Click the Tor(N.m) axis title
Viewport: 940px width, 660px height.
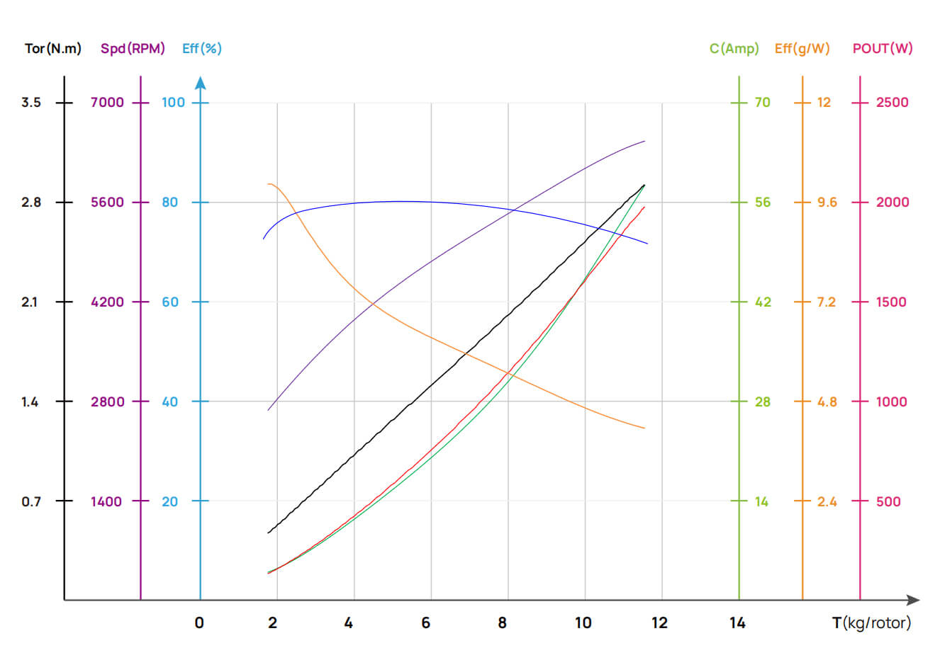[x=53, y=49]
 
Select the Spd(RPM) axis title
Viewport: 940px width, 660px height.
[x=133, y=49]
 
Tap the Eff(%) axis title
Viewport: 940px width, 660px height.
[x=202, y=49]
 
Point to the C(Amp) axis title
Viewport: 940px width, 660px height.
[x=734, y=49]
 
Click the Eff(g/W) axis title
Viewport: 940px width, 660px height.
[x=802, y=49]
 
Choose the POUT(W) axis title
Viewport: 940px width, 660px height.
[x=883, y=49]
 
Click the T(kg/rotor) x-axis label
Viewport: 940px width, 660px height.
[x=871, y=623]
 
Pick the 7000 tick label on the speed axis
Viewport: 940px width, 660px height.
[x=107, y=103]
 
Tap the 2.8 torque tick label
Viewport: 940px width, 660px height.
[x=31, y=203]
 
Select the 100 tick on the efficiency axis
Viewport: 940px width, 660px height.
[x=173, y=103]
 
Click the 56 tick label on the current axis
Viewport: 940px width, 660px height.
[x=762, y=203]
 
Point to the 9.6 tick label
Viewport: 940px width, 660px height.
[x=827, y=203]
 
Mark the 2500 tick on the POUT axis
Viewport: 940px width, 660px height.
[x=892, y=103]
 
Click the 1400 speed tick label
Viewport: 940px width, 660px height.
[x=106, y=502]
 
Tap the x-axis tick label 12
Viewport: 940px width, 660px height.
[x=659, y=623]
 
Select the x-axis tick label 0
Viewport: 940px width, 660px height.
[x=199, y=623]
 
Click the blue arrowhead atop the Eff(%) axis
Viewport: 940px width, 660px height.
[x=201, y=83]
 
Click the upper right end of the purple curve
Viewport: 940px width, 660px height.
[x=644, y=142]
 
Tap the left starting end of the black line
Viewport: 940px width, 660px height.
[x=268, y=533]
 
